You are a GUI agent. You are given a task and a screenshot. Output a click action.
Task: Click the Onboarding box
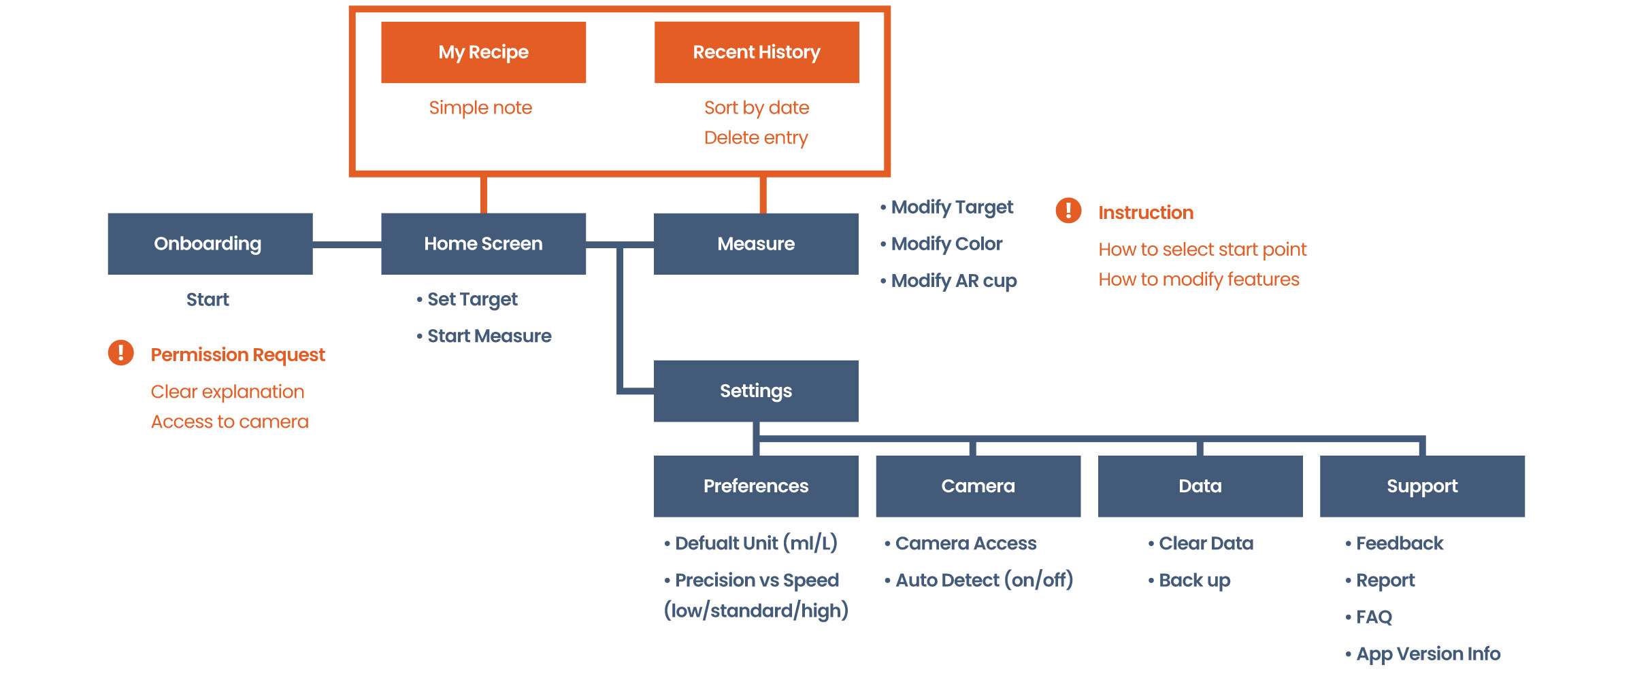pyautogui.click(x=210, y=243)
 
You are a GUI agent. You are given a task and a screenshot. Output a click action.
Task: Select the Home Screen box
pyautogui.click(x=483, y=243)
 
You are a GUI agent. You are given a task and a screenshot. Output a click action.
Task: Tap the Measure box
pyautogui.click(x=756, y=243)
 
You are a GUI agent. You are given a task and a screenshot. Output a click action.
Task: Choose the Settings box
pyautogui.click(x=756, y=391)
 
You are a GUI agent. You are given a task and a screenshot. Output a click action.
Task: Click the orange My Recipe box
pyautogui.click(x=483, y=52)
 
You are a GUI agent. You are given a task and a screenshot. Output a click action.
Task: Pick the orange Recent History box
pyautogui.click(x=757, y=52)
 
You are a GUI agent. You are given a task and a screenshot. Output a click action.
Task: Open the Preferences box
pyautogui.click(x=756, y=486)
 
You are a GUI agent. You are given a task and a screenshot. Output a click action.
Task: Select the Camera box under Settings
pyautogui.click(x=978, y=486)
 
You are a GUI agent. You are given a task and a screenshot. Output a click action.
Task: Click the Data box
pyautogui.click(x=1200, y=486)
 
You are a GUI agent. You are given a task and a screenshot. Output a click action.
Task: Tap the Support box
pyautogui.click(x=1422, y=486)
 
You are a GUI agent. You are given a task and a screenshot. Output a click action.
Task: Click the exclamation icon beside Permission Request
pyautogui.click(x=121, y=352)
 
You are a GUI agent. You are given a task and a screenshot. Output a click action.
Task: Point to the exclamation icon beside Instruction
pyautogui.click(x=1068, y=210)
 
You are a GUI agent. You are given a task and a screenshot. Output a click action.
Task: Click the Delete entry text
pyautogui.click(x=756, y=138)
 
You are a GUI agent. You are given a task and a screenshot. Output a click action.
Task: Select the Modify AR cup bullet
pyautogui.click(x=953, y=281)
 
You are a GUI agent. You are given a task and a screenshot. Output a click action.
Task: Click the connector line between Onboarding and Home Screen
pyautogui.click(x=347, y=244)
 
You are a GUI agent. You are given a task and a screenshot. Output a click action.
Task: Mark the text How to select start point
pyautogui.click(x=1202, y=250)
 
